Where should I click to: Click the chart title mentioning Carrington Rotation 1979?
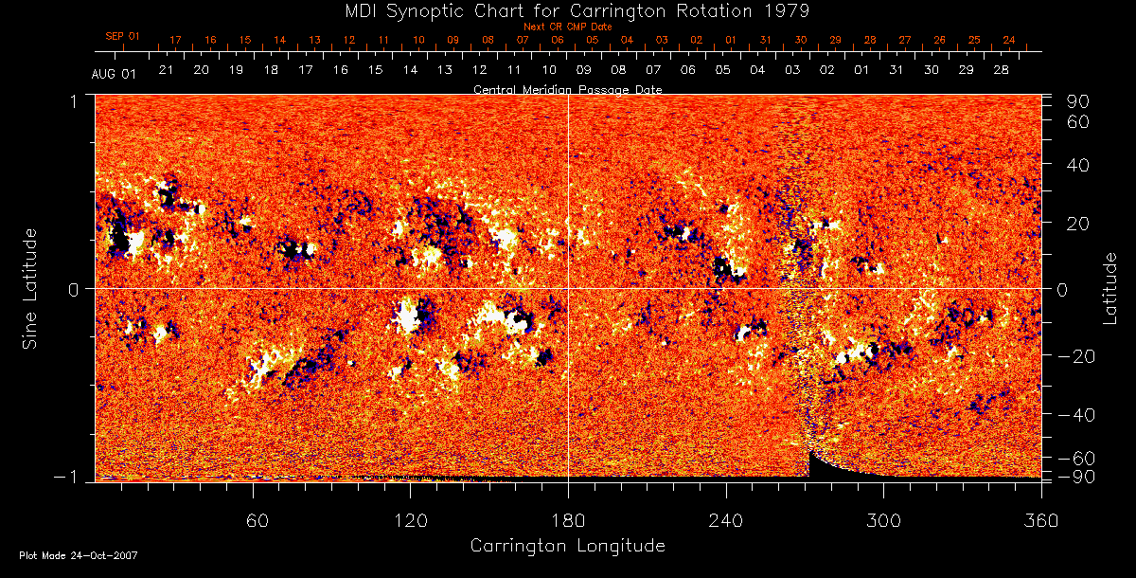click(x=568, y=10)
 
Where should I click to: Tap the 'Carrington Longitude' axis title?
click(x=567, y=546)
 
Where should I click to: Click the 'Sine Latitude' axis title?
click(x=30, y=288)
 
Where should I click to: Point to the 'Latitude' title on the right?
click(x=1110, y=288)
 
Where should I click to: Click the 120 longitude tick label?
click(x=411, y=520)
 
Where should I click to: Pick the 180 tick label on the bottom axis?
click(x=568, y=520)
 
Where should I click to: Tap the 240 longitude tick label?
click(x=725, y=520)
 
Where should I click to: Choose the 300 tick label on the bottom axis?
click(x=882, y=520)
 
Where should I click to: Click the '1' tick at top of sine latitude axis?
click(x=74, y=99)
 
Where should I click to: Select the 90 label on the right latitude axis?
click(x=1080, y=101)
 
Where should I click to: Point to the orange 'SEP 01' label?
click(x=121, y=36)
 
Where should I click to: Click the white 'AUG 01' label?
click(x=115, y=74)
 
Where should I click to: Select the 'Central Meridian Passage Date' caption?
click(x=567, y=89)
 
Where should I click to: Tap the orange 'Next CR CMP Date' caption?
click(x=567, y=27)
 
